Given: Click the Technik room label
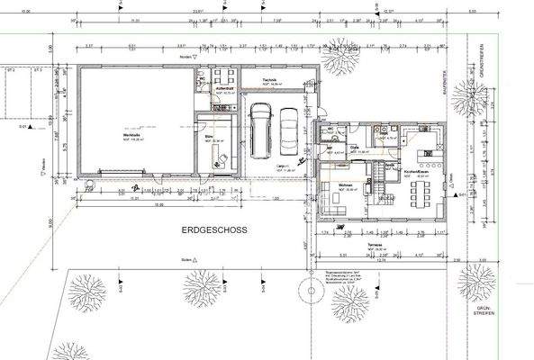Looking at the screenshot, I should (x=268, y=79).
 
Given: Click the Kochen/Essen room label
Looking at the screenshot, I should (x=414, y=172).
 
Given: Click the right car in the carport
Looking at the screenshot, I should (x=289, y=131).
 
